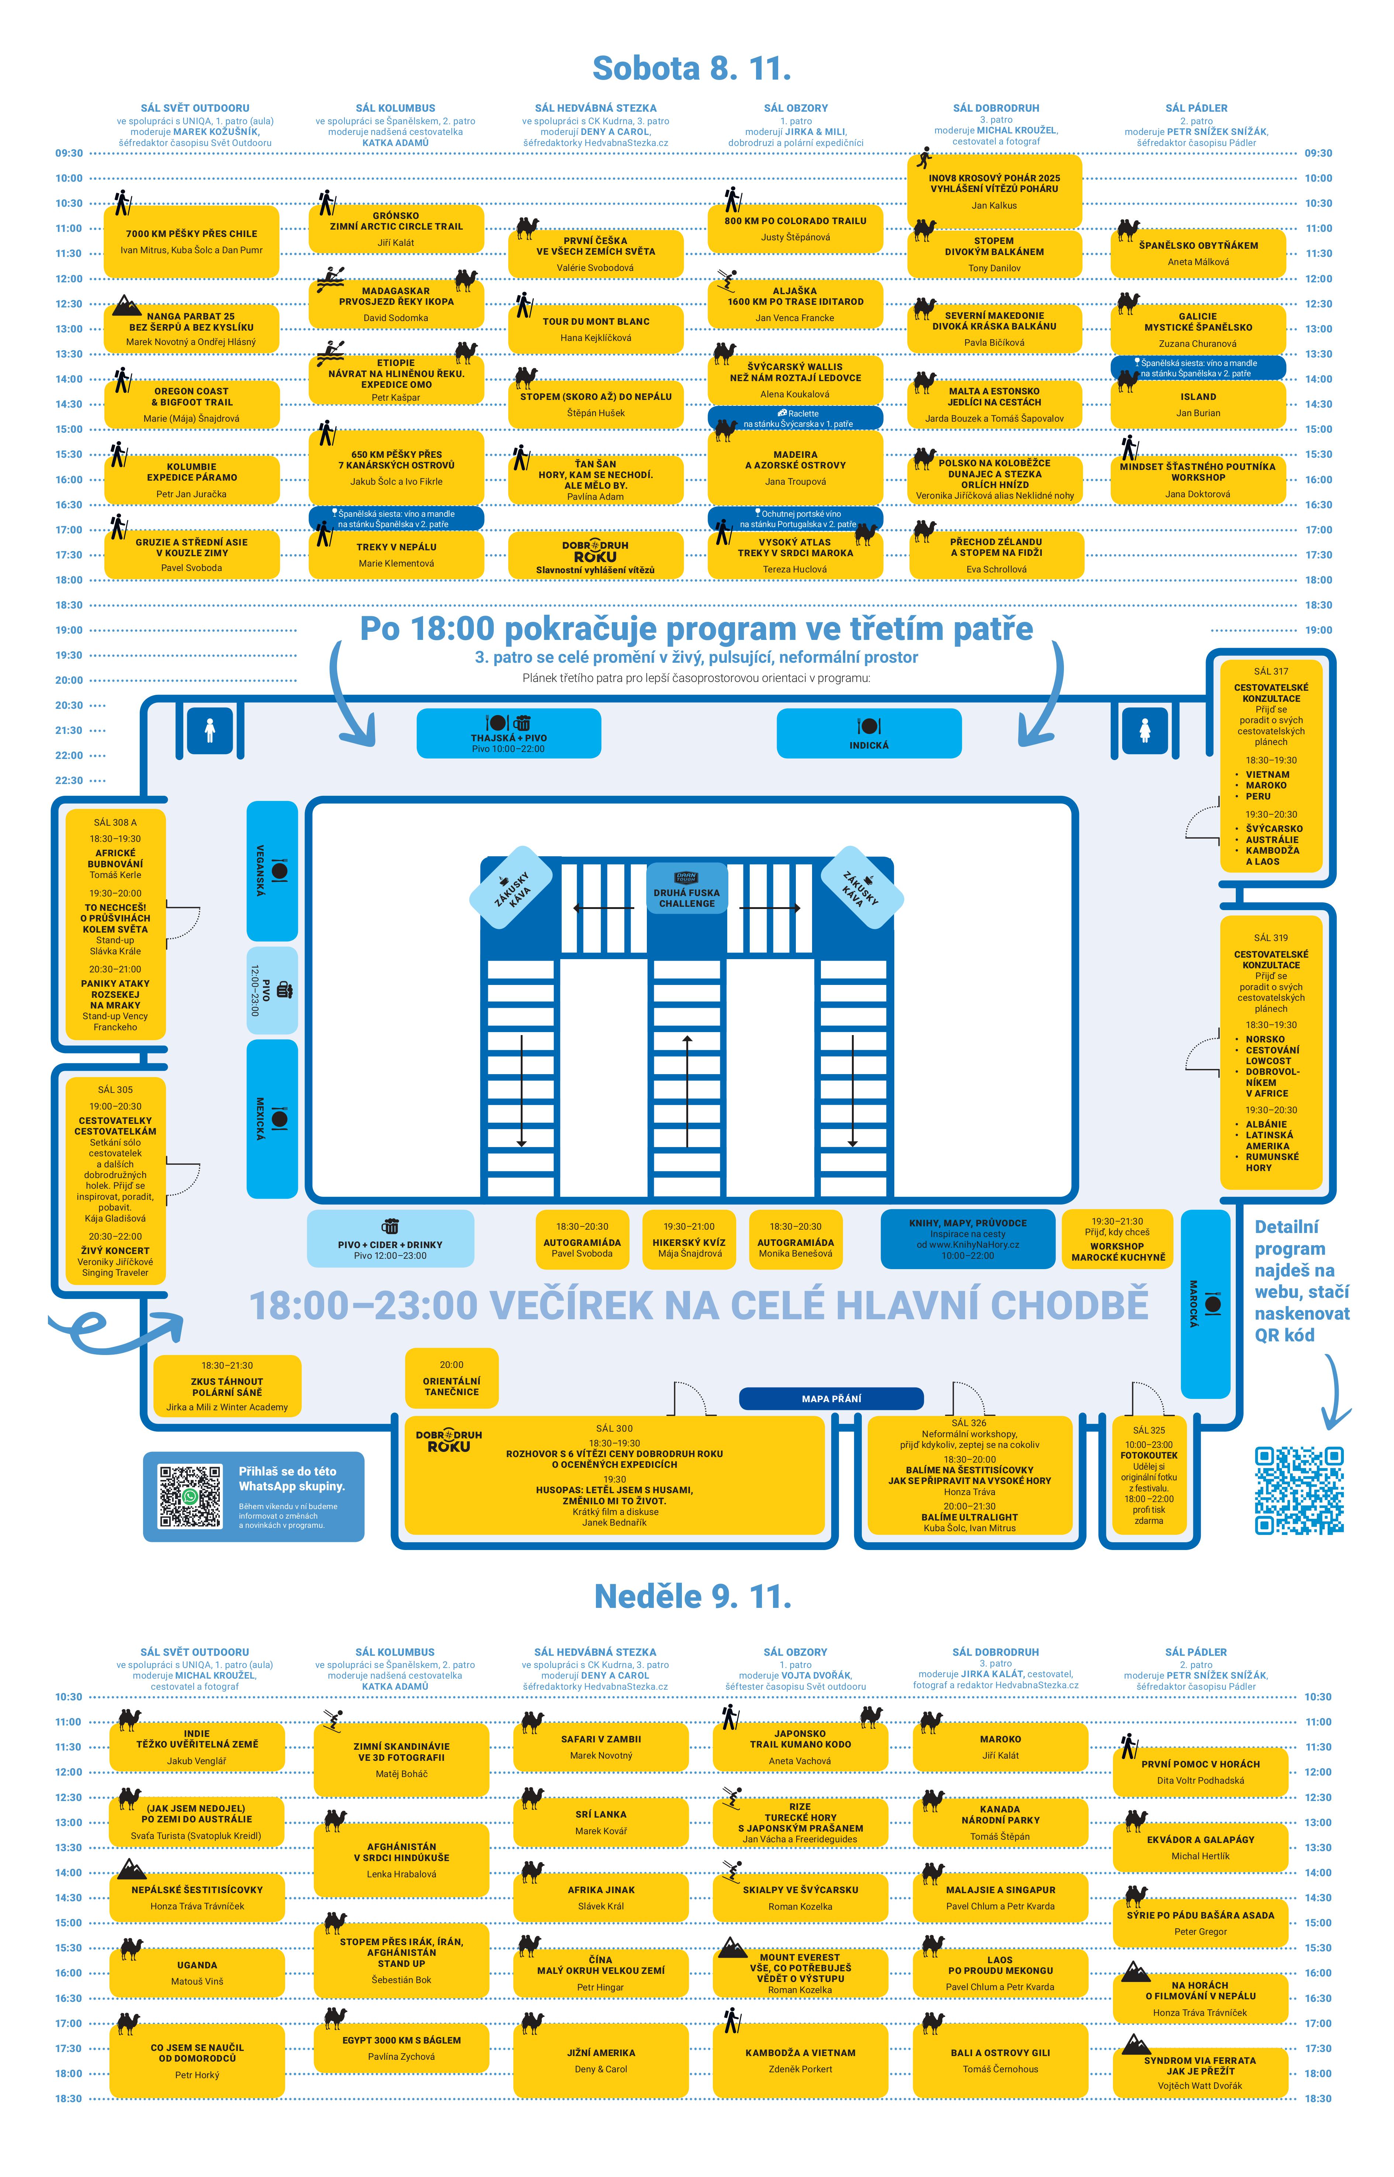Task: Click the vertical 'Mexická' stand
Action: click(273, 1118)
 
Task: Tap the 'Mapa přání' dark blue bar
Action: click(831, 1399)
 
